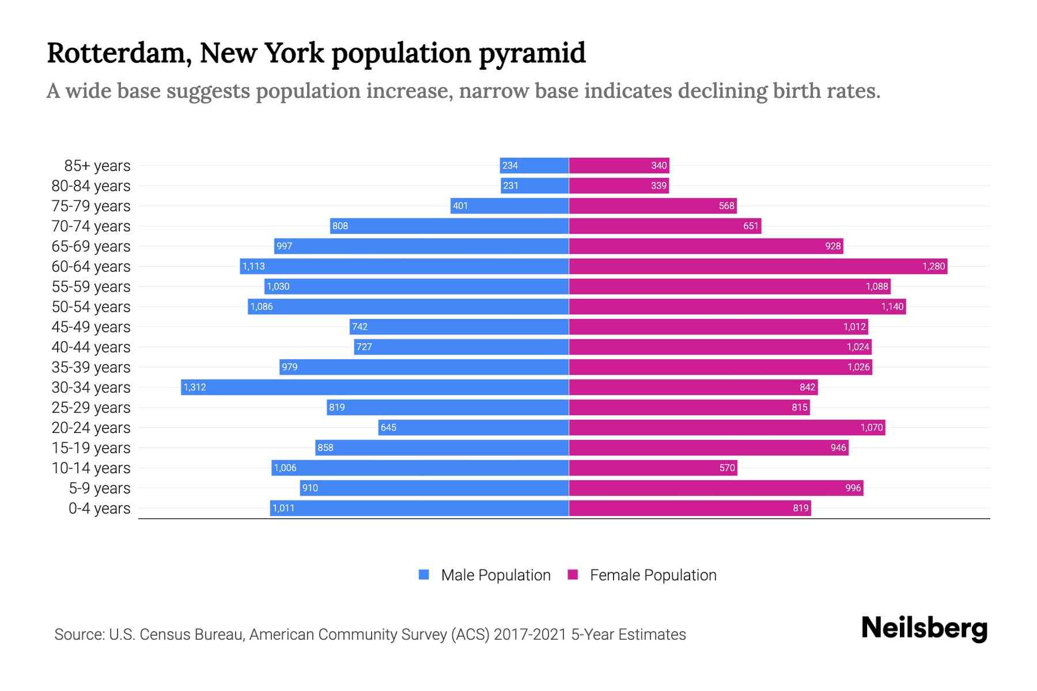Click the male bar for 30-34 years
374,387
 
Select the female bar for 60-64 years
758,266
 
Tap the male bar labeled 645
474,427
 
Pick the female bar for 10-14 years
653,468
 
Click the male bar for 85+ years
534,165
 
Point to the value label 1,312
195,387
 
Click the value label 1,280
933,266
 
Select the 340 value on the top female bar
658,165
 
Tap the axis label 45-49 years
91,326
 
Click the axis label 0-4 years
99,508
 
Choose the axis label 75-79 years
91,206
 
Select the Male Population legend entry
495,575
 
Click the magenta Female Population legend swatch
573,574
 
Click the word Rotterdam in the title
119,53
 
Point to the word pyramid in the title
532,53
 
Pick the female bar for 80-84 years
619,185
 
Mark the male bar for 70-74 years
449,226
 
